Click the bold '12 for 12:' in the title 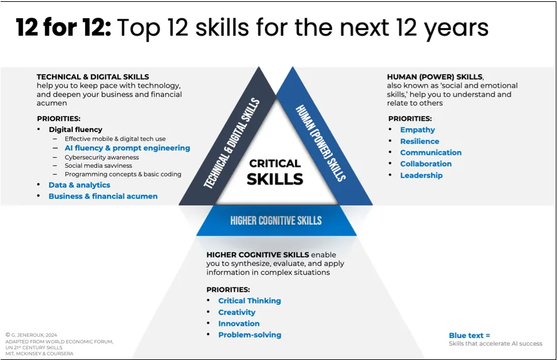coord(63,28)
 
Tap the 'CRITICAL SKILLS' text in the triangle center coord(275,172)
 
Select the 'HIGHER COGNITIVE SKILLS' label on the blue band coord(276,220)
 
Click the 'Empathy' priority coord(417,130)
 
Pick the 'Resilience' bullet coord(420,141)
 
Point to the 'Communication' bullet coord(430,153)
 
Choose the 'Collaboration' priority coord(425,164)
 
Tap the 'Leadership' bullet coord(421,175)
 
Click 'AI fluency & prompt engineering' coord(127,148)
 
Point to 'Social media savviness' coord(98,166)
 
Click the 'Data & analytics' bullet coord(79,185)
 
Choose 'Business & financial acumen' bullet coord(103,197)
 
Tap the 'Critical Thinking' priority coord(249,301)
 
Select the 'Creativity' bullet coord(237,312)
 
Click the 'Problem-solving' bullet coord(249,335)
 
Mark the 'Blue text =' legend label coord(469,336)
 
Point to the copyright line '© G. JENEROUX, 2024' coord(32,335)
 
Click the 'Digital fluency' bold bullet coord(75,130)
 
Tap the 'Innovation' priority coord(239,324)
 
